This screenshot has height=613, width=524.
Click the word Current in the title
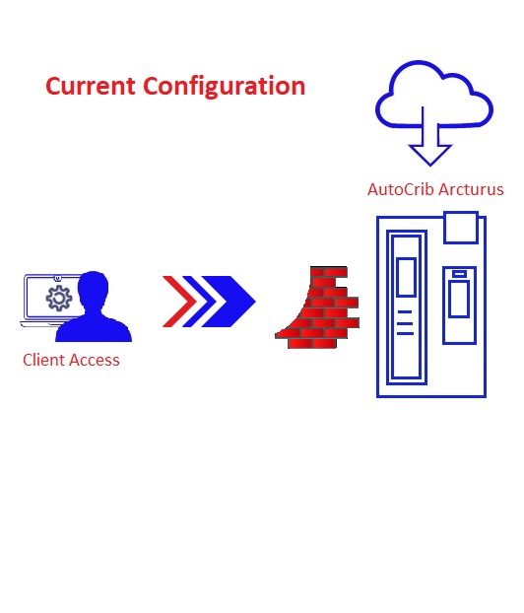(91, 86)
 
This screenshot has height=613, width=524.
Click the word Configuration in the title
(225, 88)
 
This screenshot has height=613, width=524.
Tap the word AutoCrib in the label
(401, 189)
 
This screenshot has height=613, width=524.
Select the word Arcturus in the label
(471, 189)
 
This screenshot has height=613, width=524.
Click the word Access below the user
(94, 360)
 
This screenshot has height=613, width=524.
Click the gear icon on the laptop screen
(59, 299)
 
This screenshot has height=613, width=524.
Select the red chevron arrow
(179, 302)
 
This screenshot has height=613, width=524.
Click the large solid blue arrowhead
(229, 302)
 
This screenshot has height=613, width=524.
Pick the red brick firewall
(317, 307)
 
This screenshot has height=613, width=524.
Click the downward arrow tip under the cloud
(430, 165)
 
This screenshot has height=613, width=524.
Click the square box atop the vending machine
(461, 228)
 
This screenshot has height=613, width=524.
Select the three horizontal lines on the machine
(405, 323)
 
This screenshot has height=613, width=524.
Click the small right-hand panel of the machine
(460, 306)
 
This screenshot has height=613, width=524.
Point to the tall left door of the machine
(407, 307)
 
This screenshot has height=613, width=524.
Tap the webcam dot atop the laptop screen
(58, 278)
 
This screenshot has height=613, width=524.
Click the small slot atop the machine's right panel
(460, 274)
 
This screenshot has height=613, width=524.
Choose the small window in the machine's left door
(407, 277)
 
